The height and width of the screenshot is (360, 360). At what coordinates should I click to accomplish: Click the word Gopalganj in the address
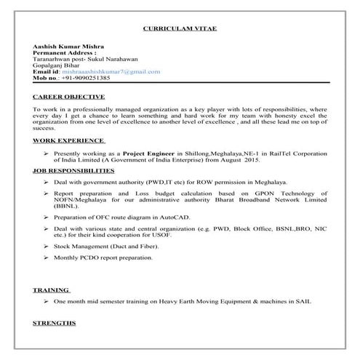(x=48, y=65)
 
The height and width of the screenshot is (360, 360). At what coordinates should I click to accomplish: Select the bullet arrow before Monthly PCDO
(x=47, y=257)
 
